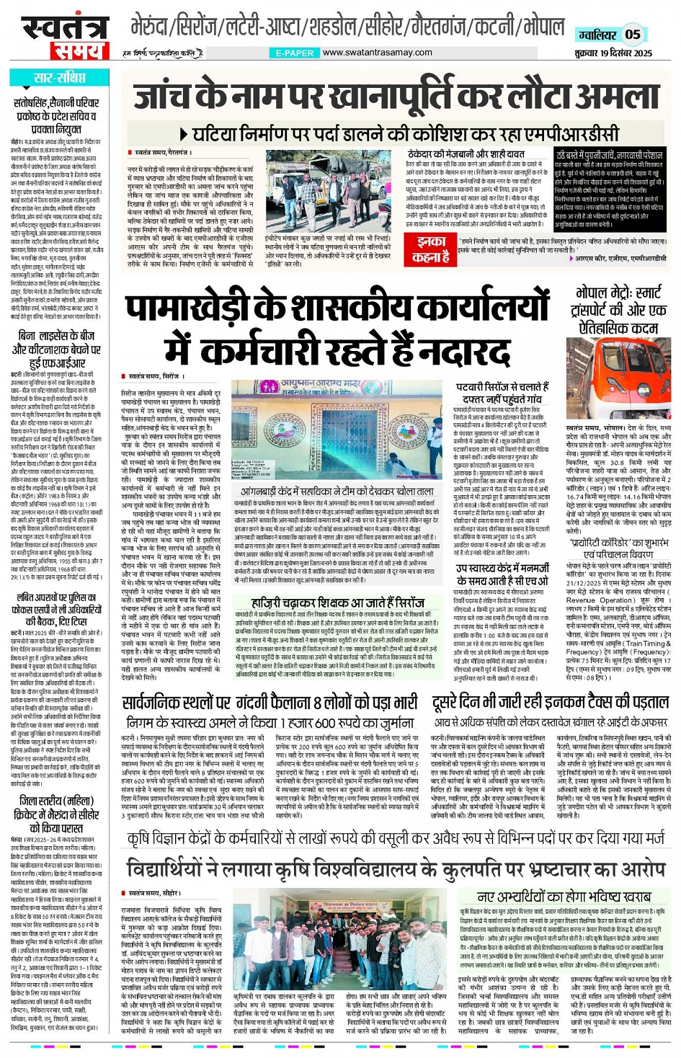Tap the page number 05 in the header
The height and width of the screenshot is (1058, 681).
click(632, 34)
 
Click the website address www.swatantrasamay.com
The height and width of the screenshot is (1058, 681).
click(377, 53)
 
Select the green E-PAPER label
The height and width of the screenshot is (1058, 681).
click(295, 53)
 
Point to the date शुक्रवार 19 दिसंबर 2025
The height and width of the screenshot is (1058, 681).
click(613, 53)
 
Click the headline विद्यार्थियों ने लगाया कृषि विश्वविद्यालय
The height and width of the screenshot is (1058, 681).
click(396, 866)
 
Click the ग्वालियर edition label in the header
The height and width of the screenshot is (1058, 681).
click(597, 35)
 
